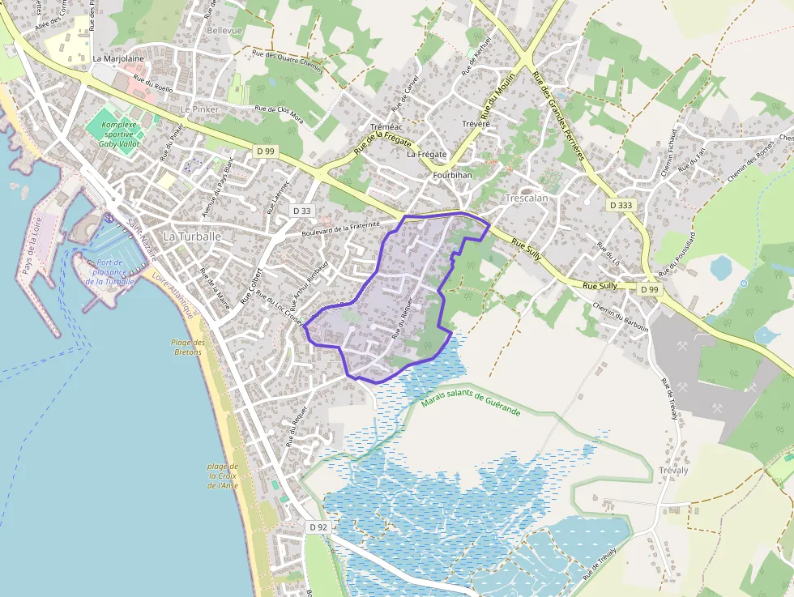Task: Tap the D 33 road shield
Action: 301,211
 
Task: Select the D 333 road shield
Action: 621,206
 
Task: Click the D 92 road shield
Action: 318,527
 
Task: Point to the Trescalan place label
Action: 527,198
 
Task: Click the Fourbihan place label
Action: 452,175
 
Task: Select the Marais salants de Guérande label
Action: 471,403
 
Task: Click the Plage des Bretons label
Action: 188,347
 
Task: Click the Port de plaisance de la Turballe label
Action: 115,271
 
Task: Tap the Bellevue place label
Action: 224,30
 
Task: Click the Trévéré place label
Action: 476,124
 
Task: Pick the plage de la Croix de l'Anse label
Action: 222,475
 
